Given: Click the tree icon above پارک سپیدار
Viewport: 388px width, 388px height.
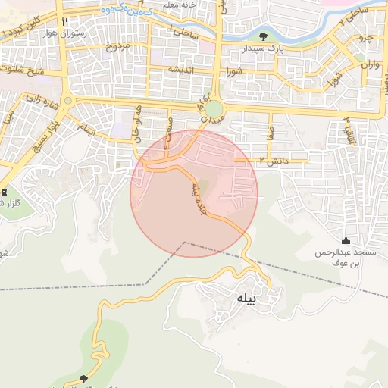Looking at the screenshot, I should coord(263,36).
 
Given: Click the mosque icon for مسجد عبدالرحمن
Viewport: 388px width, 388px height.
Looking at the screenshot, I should coord(346,240).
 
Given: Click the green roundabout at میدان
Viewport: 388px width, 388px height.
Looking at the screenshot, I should coord(214,109).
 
